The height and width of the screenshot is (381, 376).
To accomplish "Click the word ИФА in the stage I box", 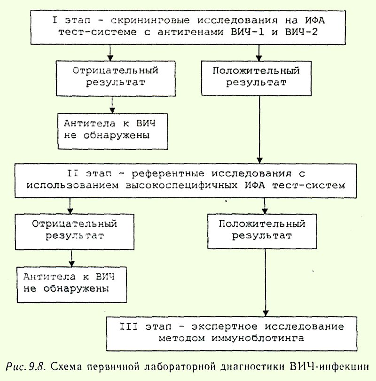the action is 315,20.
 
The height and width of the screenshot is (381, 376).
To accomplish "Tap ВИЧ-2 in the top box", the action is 301,32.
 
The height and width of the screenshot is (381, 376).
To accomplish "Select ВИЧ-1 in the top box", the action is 247,32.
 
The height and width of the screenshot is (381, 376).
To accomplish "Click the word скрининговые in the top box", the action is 150,21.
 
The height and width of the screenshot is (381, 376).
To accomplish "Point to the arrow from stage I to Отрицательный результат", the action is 110,53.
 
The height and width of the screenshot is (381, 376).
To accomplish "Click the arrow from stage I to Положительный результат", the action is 259,53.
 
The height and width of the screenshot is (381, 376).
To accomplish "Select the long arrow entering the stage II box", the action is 259,130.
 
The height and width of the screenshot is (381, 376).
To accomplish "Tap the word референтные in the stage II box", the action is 168,174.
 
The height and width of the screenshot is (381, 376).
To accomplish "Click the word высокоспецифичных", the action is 181,186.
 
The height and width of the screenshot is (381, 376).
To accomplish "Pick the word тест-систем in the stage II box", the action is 308,186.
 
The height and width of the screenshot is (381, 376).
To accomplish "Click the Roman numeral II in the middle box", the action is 73,173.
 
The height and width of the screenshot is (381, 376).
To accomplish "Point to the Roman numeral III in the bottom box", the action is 129,327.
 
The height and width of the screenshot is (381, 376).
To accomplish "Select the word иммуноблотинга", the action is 258,338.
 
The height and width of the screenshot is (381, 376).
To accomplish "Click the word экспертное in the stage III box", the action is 224,327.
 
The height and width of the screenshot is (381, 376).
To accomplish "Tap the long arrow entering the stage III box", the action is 266,283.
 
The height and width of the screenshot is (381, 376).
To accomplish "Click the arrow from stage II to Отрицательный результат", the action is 70,206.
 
